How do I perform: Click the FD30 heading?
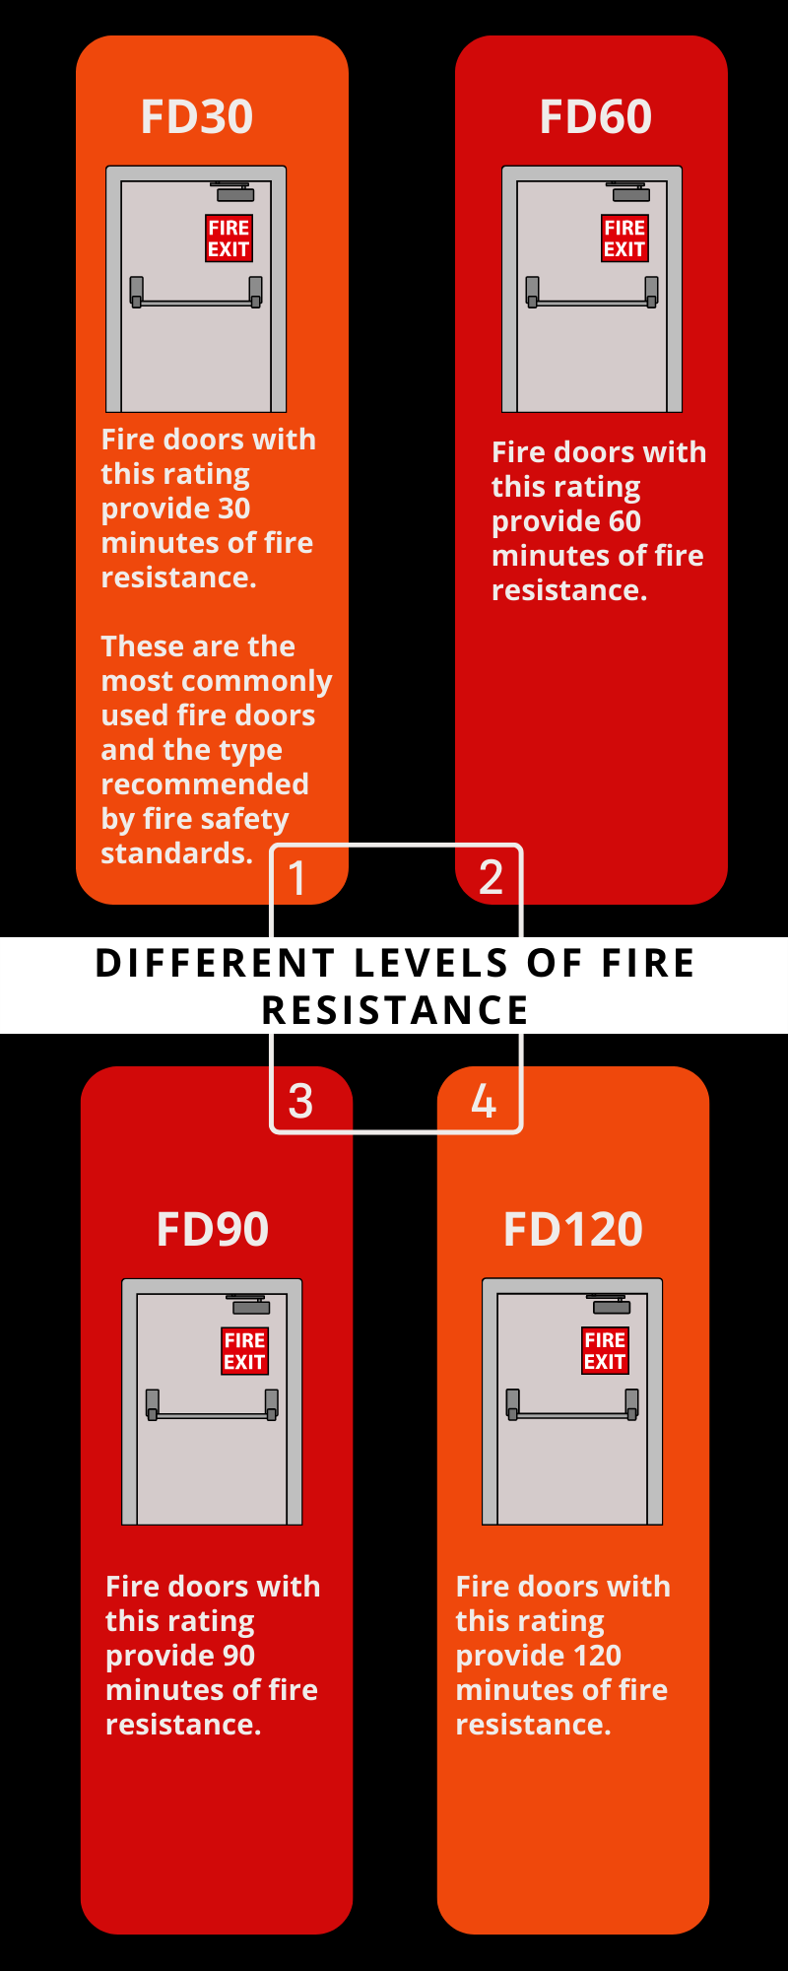coord(197,116)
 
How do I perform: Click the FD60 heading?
coord(595,116)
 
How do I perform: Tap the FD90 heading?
coord(213,1229)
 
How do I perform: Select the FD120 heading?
coord(573,1229)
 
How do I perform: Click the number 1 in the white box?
coord(296,877)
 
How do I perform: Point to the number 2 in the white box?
coord(491,877)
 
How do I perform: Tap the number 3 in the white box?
coord(300,1101)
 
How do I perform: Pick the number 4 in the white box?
coord(484,1101)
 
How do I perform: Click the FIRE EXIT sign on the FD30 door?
coord(229,238)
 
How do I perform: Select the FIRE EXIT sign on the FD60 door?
coord(624,238)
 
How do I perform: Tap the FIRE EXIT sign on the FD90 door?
coord(244,1351)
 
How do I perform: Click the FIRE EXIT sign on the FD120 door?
coord(605,1351)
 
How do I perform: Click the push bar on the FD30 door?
coord(196,303)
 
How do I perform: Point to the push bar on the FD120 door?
coord(572,1415)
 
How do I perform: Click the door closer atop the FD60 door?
coord(630,192)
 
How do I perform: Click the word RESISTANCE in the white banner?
coord(395,1010)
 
